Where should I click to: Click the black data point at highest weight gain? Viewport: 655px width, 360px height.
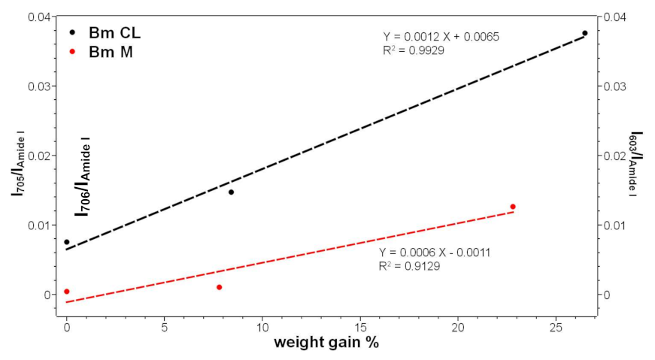point(585,33)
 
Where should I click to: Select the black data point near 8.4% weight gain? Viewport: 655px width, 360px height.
point(231,192)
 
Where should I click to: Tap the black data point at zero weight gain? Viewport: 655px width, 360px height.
point(67,242)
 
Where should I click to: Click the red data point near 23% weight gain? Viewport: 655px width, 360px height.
point(513,207)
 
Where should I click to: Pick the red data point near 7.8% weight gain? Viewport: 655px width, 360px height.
point(219,287)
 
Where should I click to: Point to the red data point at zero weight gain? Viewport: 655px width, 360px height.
point(67,292)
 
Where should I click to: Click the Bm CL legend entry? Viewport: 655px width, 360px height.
point(105,33)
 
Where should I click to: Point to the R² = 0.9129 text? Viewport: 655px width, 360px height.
point(411,266)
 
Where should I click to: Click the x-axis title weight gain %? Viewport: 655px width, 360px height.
point(326,343)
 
